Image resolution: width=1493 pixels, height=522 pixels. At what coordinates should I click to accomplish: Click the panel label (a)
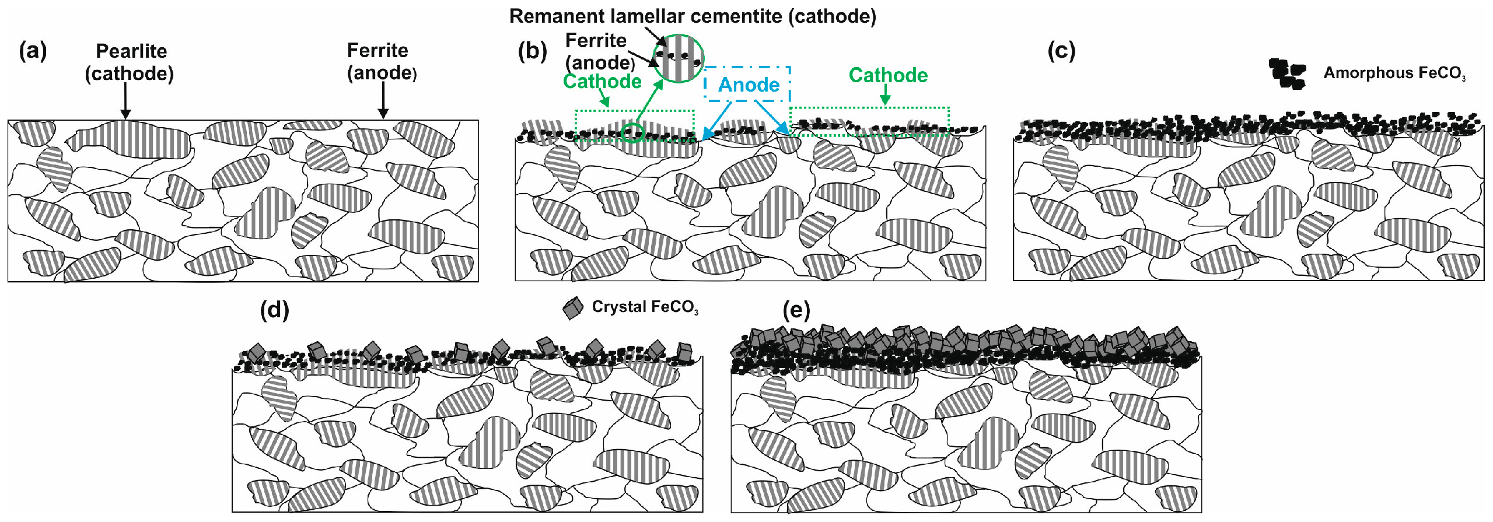(x=33, y=51)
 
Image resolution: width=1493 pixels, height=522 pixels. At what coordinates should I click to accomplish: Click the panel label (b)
(x=532, y=51)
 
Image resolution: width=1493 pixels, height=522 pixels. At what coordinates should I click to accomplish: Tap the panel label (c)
(x=1061, y=51)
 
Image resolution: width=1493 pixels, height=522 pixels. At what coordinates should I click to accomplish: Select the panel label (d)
(x=274, y=310)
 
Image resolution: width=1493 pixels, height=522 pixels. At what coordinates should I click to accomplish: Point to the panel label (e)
(x=796, y=311)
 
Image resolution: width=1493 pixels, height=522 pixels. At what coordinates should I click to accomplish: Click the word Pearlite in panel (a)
(x=131, y=51)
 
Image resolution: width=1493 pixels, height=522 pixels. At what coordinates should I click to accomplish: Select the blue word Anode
(x=749, y=85)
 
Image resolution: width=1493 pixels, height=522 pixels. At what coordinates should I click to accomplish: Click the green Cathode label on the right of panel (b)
(x=888, y=75)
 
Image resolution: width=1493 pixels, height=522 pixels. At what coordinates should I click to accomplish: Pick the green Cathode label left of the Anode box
(x=602, y=82)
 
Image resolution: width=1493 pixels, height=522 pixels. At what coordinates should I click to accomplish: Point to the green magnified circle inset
(x=678, y=58)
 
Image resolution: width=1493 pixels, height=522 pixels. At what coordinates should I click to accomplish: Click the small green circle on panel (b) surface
(x=632, y=132)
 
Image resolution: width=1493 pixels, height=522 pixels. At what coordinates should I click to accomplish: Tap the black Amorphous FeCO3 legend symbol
(x=1287, y=73)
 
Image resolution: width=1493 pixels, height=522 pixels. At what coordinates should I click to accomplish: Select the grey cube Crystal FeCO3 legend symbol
(x=573, y=308)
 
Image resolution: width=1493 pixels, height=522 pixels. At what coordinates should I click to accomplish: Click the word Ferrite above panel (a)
(x=377, y=51)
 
